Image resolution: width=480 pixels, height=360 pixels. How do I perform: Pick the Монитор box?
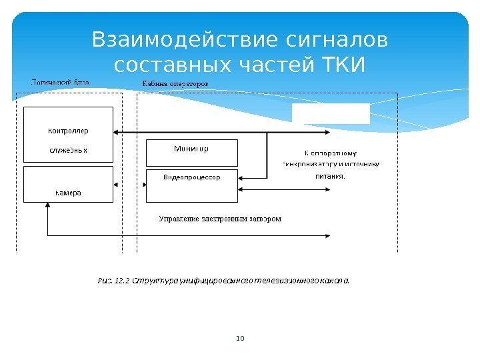[x=191, y=153]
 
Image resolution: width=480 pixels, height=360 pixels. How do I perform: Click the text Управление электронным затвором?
[x=220, y=219]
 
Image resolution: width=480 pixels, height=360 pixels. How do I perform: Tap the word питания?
[x=331, y=177]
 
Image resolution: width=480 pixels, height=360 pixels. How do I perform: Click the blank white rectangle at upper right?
[x=331, y=114]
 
